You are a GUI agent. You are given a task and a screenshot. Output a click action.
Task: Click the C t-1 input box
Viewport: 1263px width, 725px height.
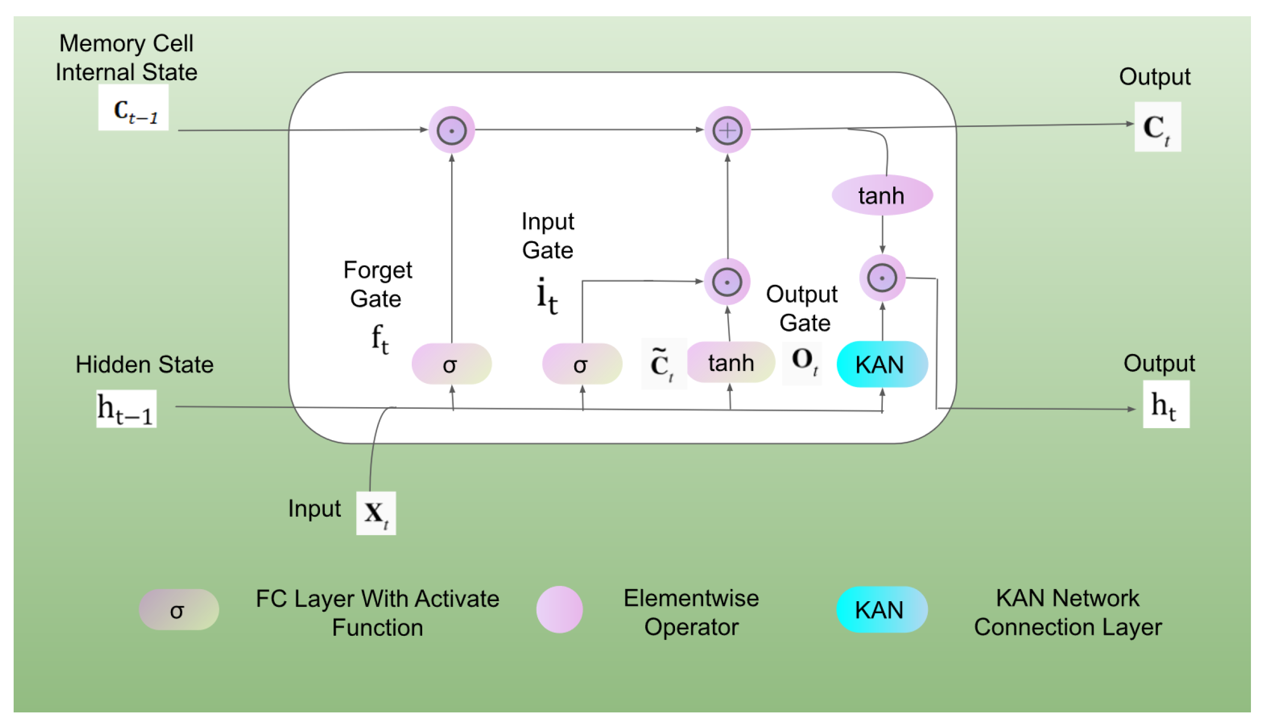(133, 108)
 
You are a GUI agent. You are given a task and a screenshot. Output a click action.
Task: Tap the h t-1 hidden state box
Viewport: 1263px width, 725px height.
(126, 409)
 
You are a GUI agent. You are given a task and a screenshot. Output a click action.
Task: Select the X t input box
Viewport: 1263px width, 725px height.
(376, 513)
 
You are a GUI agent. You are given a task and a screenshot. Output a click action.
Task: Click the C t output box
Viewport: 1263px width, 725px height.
(1157, 127)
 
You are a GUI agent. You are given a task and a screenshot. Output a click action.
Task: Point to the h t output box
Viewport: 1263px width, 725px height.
(1165, 404)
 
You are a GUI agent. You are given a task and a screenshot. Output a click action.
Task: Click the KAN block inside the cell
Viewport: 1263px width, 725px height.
(882, 364)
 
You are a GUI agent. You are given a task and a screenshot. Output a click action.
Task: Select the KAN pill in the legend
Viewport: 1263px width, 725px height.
(881, 610)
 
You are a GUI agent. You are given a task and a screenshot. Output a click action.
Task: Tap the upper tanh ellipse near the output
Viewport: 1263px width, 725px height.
(882, 195)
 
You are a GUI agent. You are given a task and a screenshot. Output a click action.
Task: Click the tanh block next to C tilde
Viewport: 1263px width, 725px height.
(731, 362)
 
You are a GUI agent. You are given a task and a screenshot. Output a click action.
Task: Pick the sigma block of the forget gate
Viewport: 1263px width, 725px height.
(451, 364)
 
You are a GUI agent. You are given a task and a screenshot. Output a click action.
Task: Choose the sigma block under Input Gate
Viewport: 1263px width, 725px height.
(582, 364)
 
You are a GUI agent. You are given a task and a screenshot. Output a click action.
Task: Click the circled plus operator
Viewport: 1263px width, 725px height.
(727, 130)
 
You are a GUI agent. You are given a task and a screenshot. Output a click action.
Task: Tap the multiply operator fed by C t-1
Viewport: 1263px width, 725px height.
(452, 130)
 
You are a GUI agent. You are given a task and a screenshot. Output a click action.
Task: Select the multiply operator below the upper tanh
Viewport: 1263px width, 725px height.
(882, 278)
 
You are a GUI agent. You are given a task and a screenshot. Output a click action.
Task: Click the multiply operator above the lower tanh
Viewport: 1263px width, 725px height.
(727, 282)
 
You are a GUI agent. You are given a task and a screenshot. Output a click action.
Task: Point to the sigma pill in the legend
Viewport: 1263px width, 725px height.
(178, 610)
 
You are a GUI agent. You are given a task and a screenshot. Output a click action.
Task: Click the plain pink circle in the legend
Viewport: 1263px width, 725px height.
(559, 610)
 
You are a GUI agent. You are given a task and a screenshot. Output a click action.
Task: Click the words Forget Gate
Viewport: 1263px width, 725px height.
(377, 284)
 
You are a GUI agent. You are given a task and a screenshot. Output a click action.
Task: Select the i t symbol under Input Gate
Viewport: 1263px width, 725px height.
(547, 296)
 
